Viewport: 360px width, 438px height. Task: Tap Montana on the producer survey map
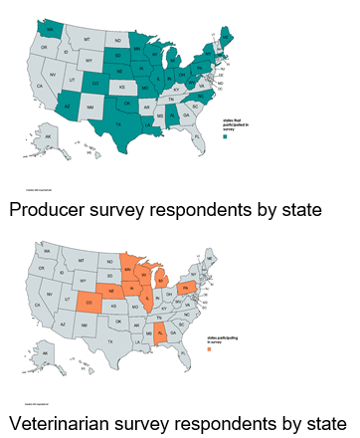tap(88, 39)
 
